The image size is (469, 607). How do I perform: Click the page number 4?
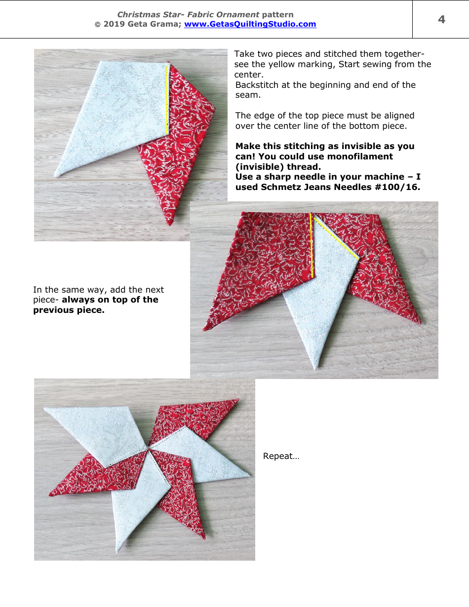pyautogui.click(x=441, y=19)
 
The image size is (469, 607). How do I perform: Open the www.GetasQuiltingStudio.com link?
pyautogui.click(x=250, y=24)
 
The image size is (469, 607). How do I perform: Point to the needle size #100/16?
pyautogui.click(x=394, y=187)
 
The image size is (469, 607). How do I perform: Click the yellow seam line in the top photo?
pyautogui.click(x=167, y=99)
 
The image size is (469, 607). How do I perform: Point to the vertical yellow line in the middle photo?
pyautogui.click(x=312, y=244)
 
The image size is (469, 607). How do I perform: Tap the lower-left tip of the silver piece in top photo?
pyautogui.click(x=56, y=175)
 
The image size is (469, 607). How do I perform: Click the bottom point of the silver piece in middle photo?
pyautogui.click(x=316, y=368)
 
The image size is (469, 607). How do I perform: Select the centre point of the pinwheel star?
pyautogui.click(x=148, y=450)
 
